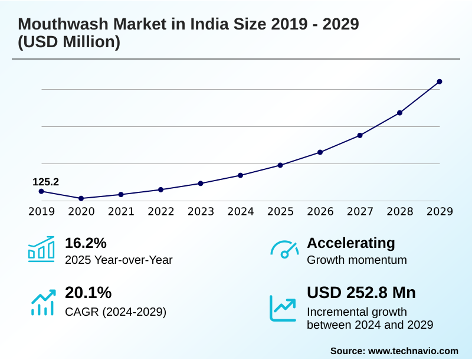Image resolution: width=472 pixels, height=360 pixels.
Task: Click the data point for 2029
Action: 440,81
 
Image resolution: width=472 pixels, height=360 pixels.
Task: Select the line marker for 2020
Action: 81,198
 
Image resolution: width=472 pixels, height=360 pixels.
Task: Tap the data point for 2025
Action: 280,165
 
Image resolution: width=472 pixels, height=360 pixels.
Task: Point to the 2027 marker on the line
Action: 360,135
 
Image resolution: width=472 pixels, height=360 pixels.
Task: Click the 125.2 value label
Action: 45,182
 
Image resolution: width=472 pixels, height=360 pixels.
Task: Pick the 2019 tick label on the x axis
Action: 41,212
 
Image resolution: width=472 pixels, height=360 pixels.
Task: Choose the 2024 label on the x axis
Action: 241,212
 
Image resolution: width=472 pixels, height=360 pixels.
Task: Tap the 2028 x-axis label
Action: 400,212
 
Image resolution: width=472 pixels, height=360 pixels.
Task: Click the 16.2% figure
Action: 86,243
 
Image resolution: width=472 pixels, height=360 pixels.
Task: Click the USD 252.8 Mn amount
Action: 361,293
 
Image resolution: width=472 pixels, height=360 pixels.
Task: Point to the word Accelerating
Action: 351,243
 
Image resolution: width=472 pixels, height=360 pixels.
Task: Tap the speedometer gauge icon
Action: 284,250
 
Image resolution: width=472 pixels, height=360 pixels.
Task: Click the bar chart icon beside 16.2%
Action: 41,250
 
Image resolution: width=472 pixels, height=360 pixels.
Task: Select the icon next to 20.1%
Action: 42,302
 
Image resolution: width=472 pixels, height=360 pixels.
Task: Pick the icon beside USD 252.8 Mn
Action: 283,307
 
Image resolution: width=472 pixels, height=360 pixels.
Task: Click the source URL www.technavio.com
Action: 413,351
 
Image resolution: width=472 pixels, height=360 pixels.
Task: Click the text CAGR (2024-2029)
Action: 116,312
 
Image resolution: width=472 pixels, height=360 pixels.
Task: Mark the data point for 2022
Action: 160,189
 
